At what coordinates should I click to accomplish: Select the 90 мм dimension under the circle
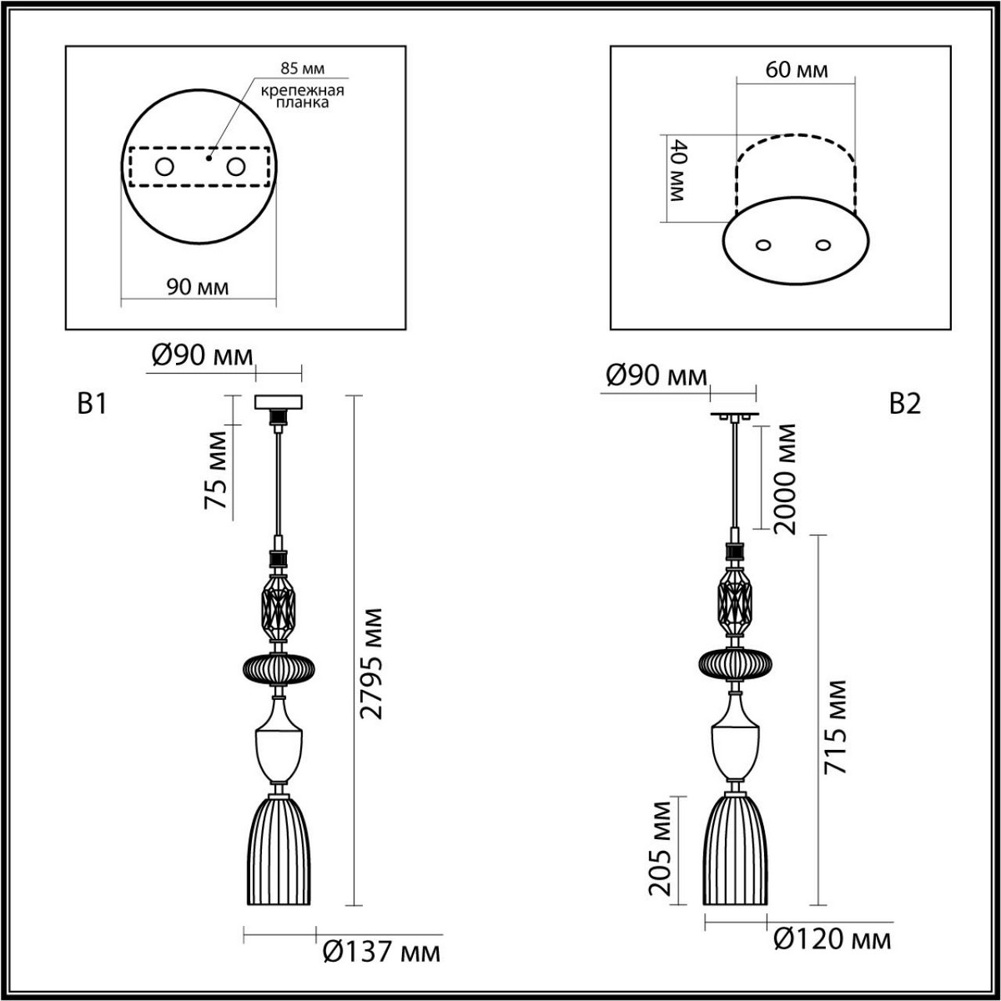(x=198, y=287)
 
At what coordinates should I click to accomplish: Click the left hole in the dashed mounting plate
(x=163, y=168)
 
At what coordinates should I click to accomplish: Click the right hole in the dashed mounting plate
(x=236, y=168)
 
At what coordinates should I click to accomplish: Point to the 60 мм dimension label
(x=797, y=69)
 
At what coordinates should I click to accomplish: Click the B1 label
(x=92, y=405)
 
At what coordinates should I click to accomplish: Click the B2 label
(x=905, y=405)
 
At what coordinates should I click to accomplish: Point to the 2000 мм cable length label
(x=785, y=478)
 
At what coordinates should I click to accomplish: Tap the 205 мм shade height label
(x=661, y=847)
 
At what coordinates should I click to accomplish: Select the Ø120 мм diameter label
(x=832, y=939)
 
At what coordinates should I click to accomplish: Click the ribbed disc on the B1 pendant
(x=279, y=668)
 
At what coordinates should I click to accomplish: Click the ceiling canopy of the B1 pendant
(x=279, y=401)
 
